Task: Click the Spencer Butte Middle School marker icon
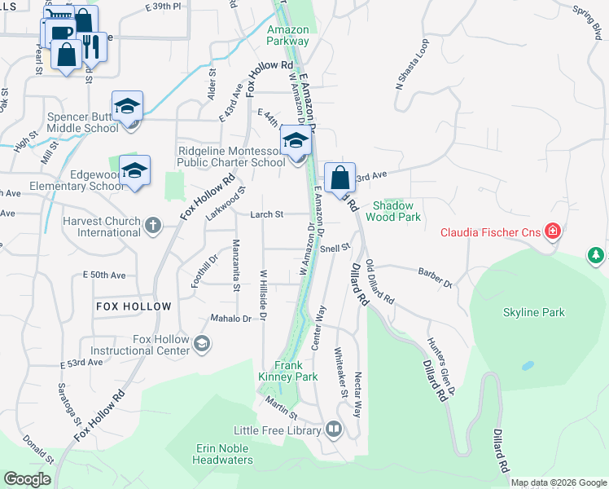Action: (128, 107)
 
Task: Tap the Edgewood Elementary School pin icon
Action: (134, 171)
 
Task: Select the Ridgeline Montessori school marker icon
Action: (296, 141)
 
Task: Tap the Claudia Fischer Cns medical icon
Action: (553, 232)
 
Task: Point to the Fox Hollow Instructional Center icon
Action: (201, 345)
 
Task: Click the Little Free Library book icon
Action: (334, 429)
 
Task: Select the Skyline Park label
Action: (533, 312)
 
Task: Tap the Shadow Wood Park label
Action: (397, 211)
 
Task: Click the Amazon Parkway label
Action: (288, 34)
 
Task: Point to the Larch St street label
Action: (267, 214)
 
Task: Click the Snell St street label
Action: (335, 247)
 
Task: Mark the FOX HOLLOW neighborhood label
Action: (134, 306)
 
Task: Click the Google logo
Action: (28, 479)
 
